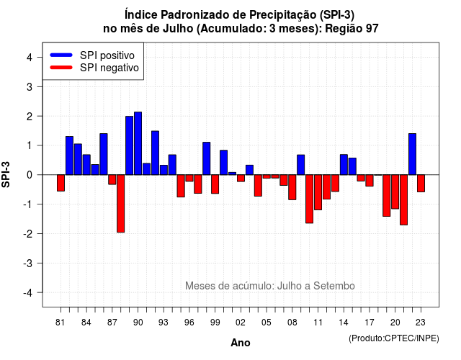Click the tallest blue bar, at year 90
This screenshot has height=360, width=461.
138,143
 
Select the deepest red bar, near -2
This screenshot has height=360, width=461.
120,203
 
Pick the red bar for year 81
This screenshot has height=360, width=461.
61,183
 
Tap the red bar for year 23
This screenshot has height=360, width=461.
421,184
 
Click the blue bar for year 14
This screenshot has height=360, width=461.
344,165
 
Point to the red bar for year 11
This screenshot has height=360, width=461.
318,192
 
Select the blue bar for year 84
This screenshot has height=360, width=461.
86,165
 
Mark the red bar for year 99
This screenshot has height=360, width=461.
215,184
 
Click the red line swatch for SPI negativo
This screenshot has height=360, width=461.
61,68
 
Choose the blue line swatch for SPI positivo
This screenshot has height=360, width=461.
61,55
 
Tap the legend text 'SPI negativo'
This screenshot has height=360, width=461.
109,68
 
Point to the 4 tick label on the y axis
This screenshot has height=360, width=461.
30,58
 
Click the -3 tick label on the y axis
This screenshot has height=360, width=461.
27,263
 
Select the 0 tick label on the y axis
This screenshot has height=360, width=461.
30,175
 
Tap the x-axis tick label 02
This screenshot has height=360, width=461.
241,323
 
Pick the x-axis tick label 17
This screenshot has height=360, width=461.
370,323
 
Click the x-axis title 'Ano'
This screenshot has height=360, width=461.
241,343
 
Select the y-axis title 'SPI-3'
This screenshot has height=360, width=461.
6,174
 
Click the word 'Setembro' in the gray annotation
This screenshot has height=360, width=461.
334,286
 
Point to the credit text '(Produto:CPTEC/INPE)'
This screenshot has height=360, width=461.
394,338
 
